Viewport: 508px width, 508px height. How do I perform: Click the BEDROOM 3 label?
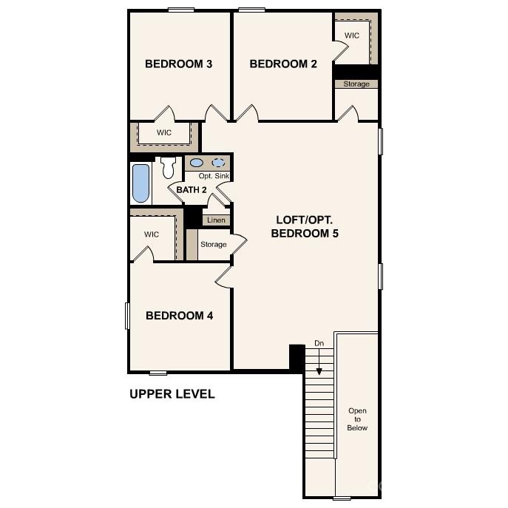179,64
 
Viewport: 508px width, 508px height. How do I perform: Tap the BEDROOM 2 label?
283,64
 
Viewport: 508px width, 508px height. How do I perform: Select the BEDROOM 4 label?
180,316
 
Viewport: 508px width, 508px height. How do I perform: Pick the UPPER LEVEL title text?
172,394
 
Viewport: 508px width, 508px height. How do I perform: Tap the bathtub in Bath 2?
140,183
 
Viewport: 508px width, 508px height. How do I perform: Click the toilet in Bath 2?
167,167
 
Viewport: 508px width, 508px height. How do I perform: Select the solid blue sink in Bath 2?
197,163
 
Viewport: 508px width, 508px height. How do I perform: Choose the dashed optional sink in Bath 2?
220,163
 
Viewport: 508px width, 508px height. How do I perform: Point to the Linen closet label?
216,220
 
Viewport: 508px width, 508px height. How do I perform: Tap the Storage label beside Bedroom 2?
356,84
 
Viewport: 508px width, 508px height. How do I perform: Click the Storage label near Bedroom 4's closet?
214,245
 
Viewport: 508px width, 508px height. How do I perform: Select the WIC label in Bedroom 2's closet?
352,35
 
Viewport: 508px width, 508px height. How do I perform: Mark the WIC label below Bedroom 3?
164,132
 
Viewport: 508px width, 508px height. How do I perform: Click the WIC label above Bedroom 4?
152,234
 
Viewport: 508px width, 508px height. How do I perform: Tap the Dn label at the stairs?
319,343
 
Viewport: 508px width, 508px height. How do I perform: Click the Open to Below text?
358,419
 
